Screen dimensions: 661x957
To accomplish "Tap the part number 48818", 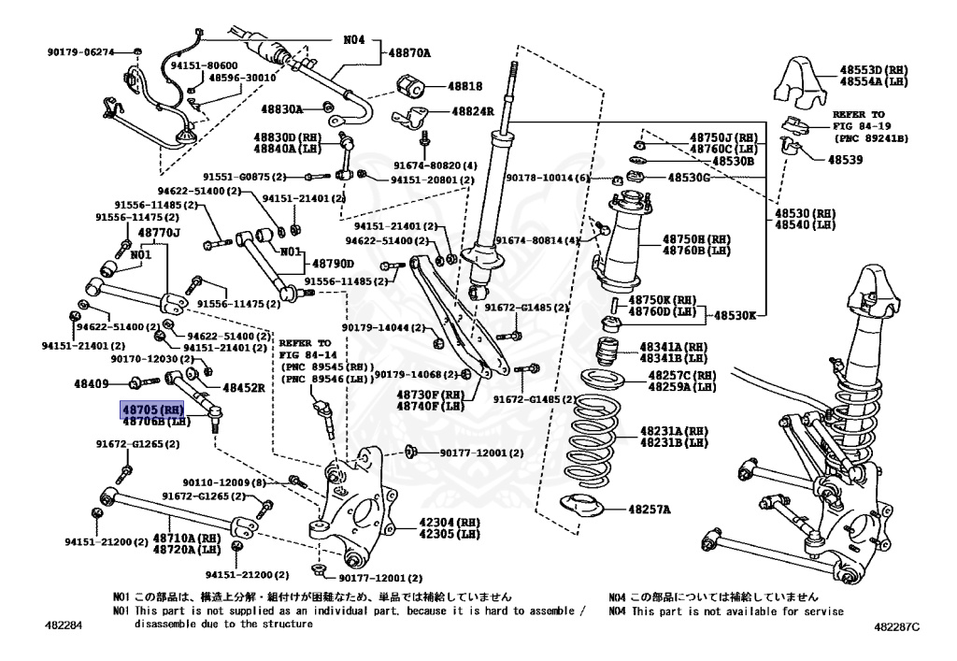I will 465,86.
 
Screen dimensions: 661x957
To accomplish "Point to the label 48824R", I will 473,111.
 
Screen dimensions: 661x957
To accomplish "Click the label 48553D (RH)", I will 873,70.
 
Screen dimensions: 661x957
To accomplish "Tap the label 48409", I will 92,383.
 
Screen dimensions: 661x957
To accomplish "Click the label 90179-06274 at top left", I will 80,52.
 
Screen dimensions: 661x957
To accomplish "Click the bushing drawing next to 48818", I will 411,87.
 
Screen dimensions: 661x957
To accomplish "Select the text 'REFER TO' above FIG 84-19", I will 857,113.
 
